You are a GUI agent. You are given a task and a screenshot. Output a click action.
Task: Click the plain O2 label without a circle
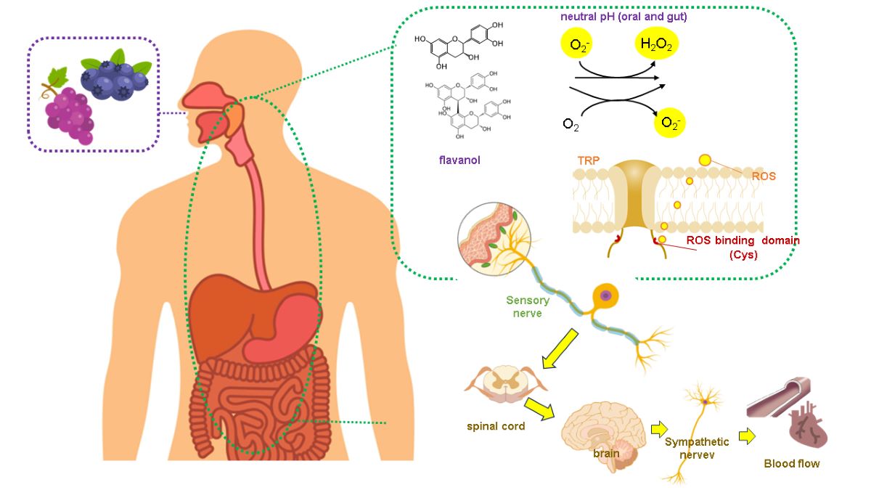click(571, 124)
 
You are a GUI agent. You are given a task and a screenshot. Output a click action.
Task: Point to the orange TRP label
click(589, 160)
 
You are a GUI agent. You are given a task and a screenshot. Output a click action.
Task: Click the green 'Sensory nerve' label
click(528, 306)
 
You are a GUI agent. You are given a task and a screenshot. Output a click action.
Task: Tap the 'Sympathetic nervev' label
click(690, 448)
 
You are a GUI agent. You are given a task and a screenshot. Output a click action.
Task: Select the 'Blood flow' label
click(792, 463)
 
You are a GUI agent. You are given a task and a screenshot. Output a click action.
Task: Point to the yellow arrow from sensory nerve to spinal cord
click(560, 348)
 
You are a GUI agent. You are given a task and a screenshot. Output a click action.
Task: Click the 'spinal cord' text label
click(496, 426)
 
